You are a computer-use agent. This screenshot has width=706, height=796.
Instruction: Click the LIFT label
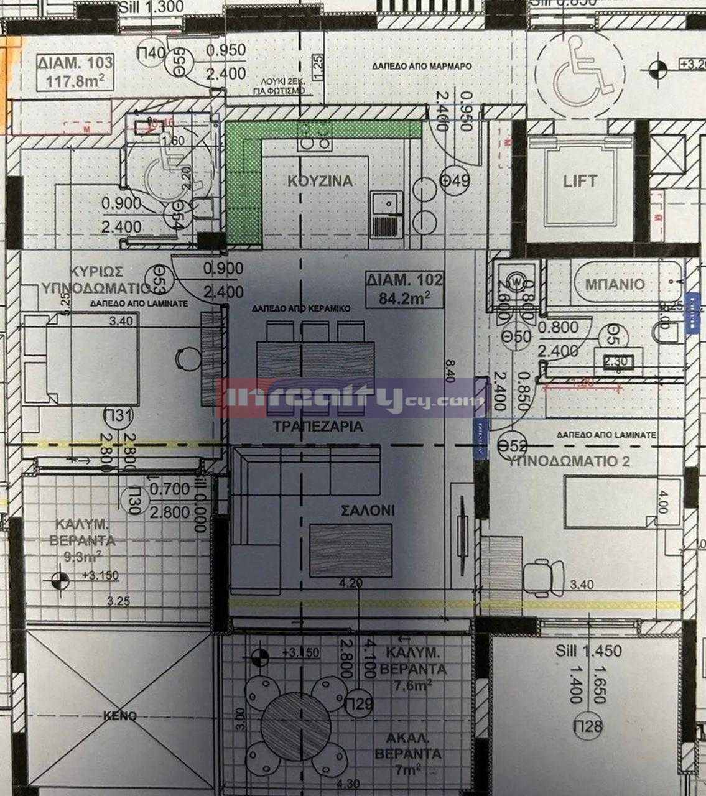click(x=580, y=182)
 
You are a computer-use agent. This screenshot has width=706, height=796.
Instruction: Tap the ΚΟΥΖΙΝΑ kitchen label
click(x=320, y=182)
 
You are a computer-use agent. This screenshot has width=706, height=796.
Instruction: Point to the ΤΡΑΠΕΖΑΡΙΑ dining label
click(x=318, y=427)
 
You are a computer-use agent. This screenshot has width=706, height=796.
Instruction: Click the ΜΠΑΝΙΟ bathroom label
click(x=615, y=284)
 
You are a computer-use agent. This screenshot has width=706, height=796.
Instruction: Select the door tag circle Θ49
click(x=457, y=181)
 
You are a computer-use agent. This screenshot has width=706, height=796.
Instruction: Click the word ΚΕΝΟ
click(x=120, y=716)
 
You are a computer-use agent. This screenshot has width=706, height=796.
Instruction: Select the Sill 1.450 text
click(x=588, y=651)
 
